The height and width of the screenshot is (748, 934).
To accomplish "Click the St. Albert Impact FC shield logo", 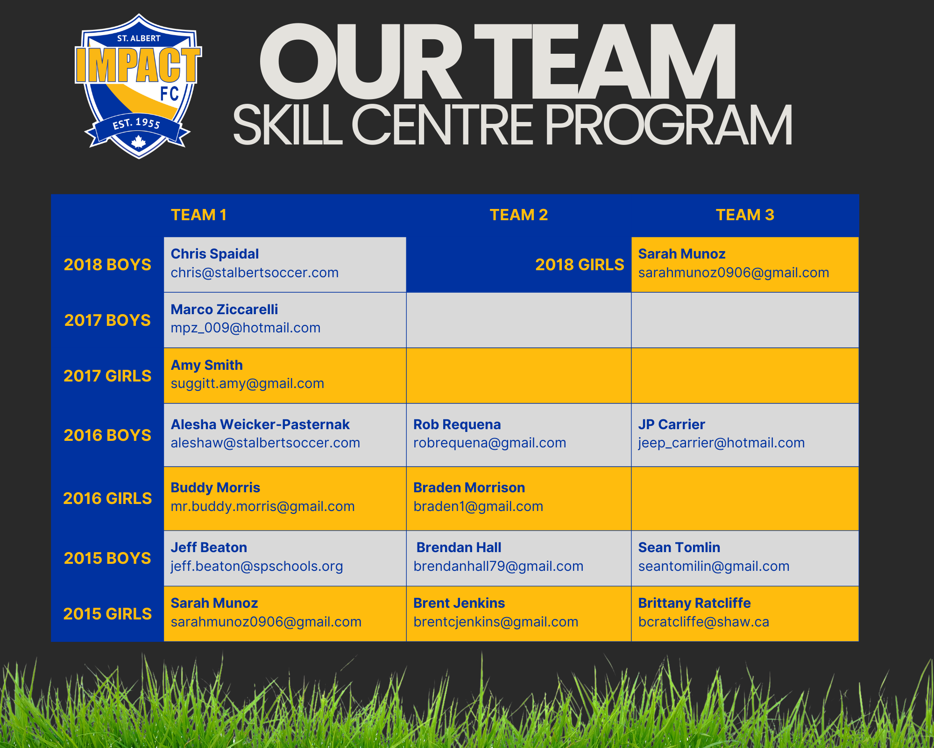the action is (138, 86).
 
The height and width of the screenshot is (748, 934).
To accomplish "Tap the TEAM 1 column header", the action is (198, 215).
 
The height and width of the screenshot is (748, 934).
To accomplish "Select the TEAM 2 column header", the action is (518, 215).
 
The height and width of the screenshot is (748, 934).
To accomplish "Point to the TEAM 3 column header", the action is (745, 215).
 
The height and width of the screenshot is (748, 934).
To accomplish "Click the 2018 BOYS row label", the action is (107, 265).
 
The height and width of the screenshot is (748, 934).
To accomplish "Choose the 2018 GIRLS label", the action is (580, 265).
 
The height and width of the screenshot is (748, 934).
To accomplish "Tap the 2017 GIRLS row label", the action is (107, 376).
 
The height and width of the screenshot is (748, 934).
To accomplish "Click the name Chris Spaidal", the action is (215, 254).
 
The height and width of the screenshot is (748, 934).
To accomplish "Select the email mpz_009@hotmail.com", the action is (246, 328).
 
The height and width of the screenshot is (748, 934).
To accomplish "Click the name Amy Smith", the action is (207, 365).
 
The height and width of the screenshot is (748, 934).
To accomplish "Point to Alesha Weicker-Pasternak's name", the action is (260, 424).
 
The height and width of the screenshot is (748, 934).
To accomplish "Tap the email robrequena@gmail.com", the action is (490, 443).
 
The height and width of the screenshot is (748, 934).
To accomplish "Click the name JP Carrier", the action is (672, 424).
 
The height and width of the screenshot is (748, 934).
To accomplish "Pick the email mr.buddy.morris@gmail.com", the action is (263, 507).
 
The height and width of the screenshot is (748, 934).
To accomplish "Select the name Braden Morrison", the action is (469, 488).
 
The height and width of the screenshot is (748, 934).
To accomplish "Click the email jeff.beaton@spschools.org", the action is (257, 567).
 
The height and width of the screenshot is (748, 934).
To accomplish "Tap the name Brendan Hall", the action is (459, 547).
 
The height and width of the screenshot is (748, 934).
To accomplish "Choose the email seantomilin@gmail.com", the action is (714, 567).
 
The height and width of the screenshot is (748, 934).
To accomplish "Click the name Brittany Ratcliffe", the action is (694, 603).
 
